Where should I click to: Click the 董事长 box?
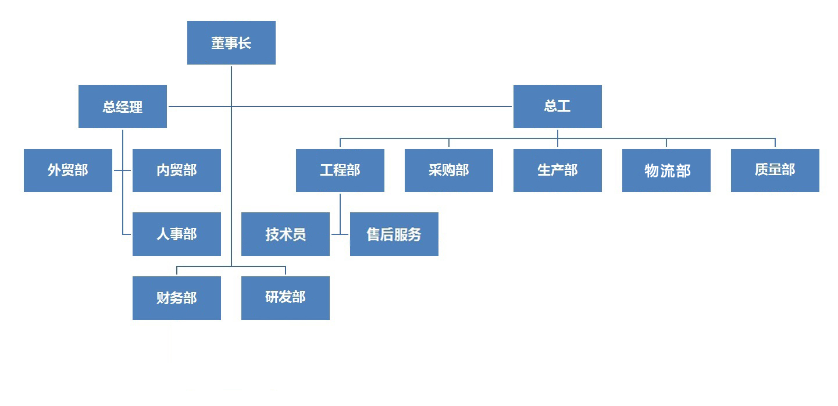coord(231,43)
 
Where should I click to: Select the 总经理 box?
coord(122,106)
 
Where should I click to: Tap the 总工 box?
coord(557,106)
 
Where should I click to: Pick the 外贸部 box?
coord(67,170)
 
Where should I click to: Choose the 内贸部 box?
coord(176,170)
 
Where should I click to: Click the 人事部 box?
coord(176,234)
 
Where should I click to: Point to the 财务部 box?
coord(176,298)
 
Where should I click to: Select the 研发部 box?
coord(285,298)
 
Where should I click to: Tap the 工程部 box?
coord(340,170)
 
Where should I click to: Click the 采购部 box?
coord(448,170)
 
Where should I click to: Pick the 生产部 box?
coord(557,170)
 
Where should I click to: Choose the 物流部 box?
coord(666,170)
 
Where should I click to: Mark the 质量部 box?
coord(775,170)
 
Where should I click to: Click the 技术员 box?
coord(285,234)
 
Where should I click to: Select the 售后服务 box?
coord(394,234)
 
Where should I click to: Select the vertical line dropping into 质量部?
coord(775,143)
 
